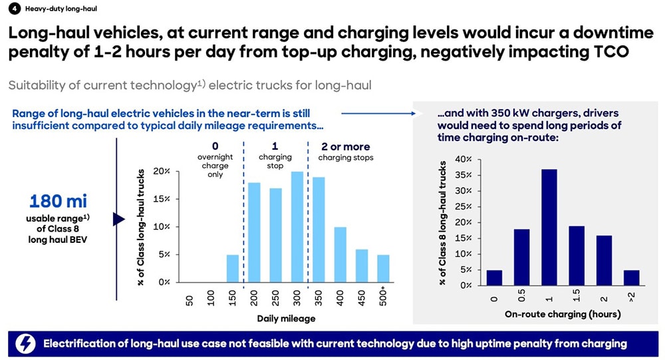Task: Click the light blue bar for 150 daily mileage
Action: point(233,268)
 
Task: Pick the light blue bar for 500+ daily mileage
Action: point(384,268)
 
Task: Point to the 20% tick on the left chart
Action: point(163,171)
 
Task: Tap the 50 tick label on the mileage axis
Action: point(190,300)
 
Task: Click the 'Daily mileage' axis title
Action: point(286,318)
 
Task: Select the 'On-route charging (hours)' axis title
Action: point(563,313)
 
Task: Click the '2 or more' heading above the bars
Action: point(346,146)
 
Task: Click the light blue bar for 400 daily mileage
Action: point(340,254)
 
